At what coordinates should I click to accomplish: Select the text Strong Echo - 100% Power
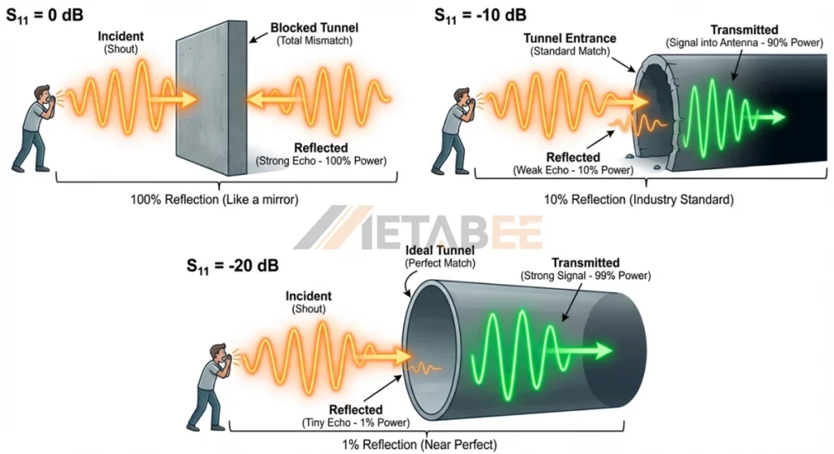point(321,161)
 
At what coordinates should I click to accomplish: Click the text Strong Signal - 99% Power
point(585,276)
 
